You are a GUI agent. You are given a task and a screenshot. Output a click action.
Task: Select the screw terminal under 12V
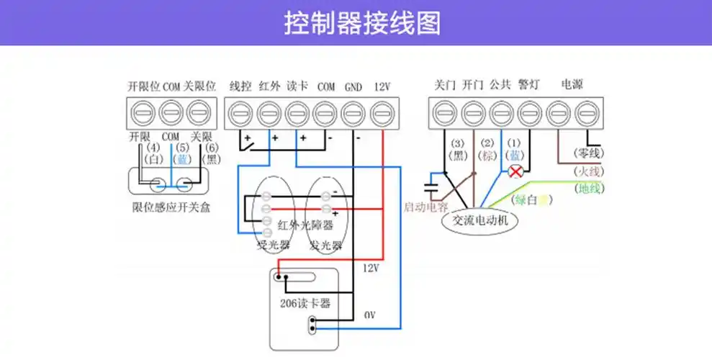382,113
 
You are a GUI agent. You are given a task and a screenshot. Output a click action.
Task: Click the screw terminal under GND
353,113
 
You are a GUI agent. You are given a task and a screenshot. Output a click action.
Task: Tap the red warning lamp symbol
515,171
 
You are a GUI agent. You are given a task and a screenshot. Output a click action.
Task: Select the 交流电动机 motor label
479,221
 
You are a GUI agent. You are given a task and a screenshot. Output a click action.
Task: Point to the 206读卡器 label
305,303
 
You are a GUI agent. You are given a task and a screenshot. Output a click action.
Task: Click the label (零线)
589,153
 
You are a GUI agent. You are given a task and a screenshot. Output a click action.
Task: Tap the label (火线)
589,171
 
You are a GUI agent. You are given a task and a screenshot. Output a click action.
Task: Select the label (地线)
590,188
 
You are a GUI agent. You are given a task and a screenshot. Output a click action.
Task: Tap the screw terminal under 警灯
529,113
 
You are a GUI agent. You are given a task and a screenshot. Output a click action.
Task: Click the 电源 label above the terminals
572,85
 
